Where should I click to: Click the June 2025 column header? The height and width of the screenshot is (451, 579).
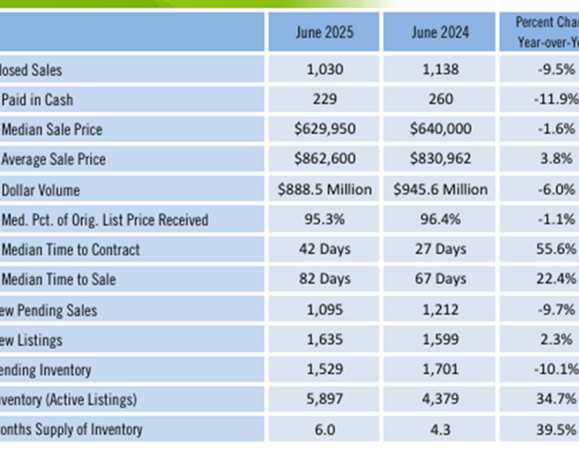tap(324, 33)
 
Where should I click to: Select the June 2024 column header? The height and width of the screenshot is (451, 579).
tap(440, 33)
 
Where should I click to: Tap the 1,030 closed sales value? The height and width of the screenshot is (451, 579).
tap(324, 69)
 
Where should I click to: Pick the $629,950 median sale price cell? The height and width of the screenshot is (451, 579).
tap(324, 130)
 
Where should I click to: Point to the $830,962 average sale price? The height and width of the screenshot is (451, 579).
tap(440, 159)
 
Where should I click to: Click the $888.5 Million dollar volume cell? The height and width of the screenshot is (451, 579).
tap(324, 190)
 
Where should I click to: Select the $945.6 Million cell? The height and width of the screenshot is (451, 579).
tap(440, 190)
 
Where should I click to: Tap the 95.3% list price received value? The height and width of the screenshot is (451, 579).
tap(324, 219)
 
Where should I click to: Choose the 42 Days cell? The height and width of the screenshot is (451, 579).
tap(324, 249)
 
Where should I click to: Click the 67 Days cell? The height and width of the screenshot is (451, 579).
tap(440, 279)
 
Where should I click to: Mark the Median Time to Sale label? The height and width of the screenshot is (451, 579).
tap(59, 279)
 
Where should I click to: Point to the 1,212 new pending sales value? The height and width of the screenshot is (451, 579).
tap(440, 310)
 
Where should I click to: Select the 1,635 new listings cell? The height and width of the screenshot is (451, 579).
tap(324, 340)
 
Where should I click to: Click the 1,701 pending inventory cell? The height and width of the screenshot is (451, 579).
tap(440, 369)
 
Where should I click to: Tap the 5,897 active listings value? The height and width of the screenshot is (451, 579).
tap(324, 399)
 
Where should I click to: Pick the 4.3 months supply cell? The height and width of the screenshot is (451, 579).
tap(440, 429)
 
